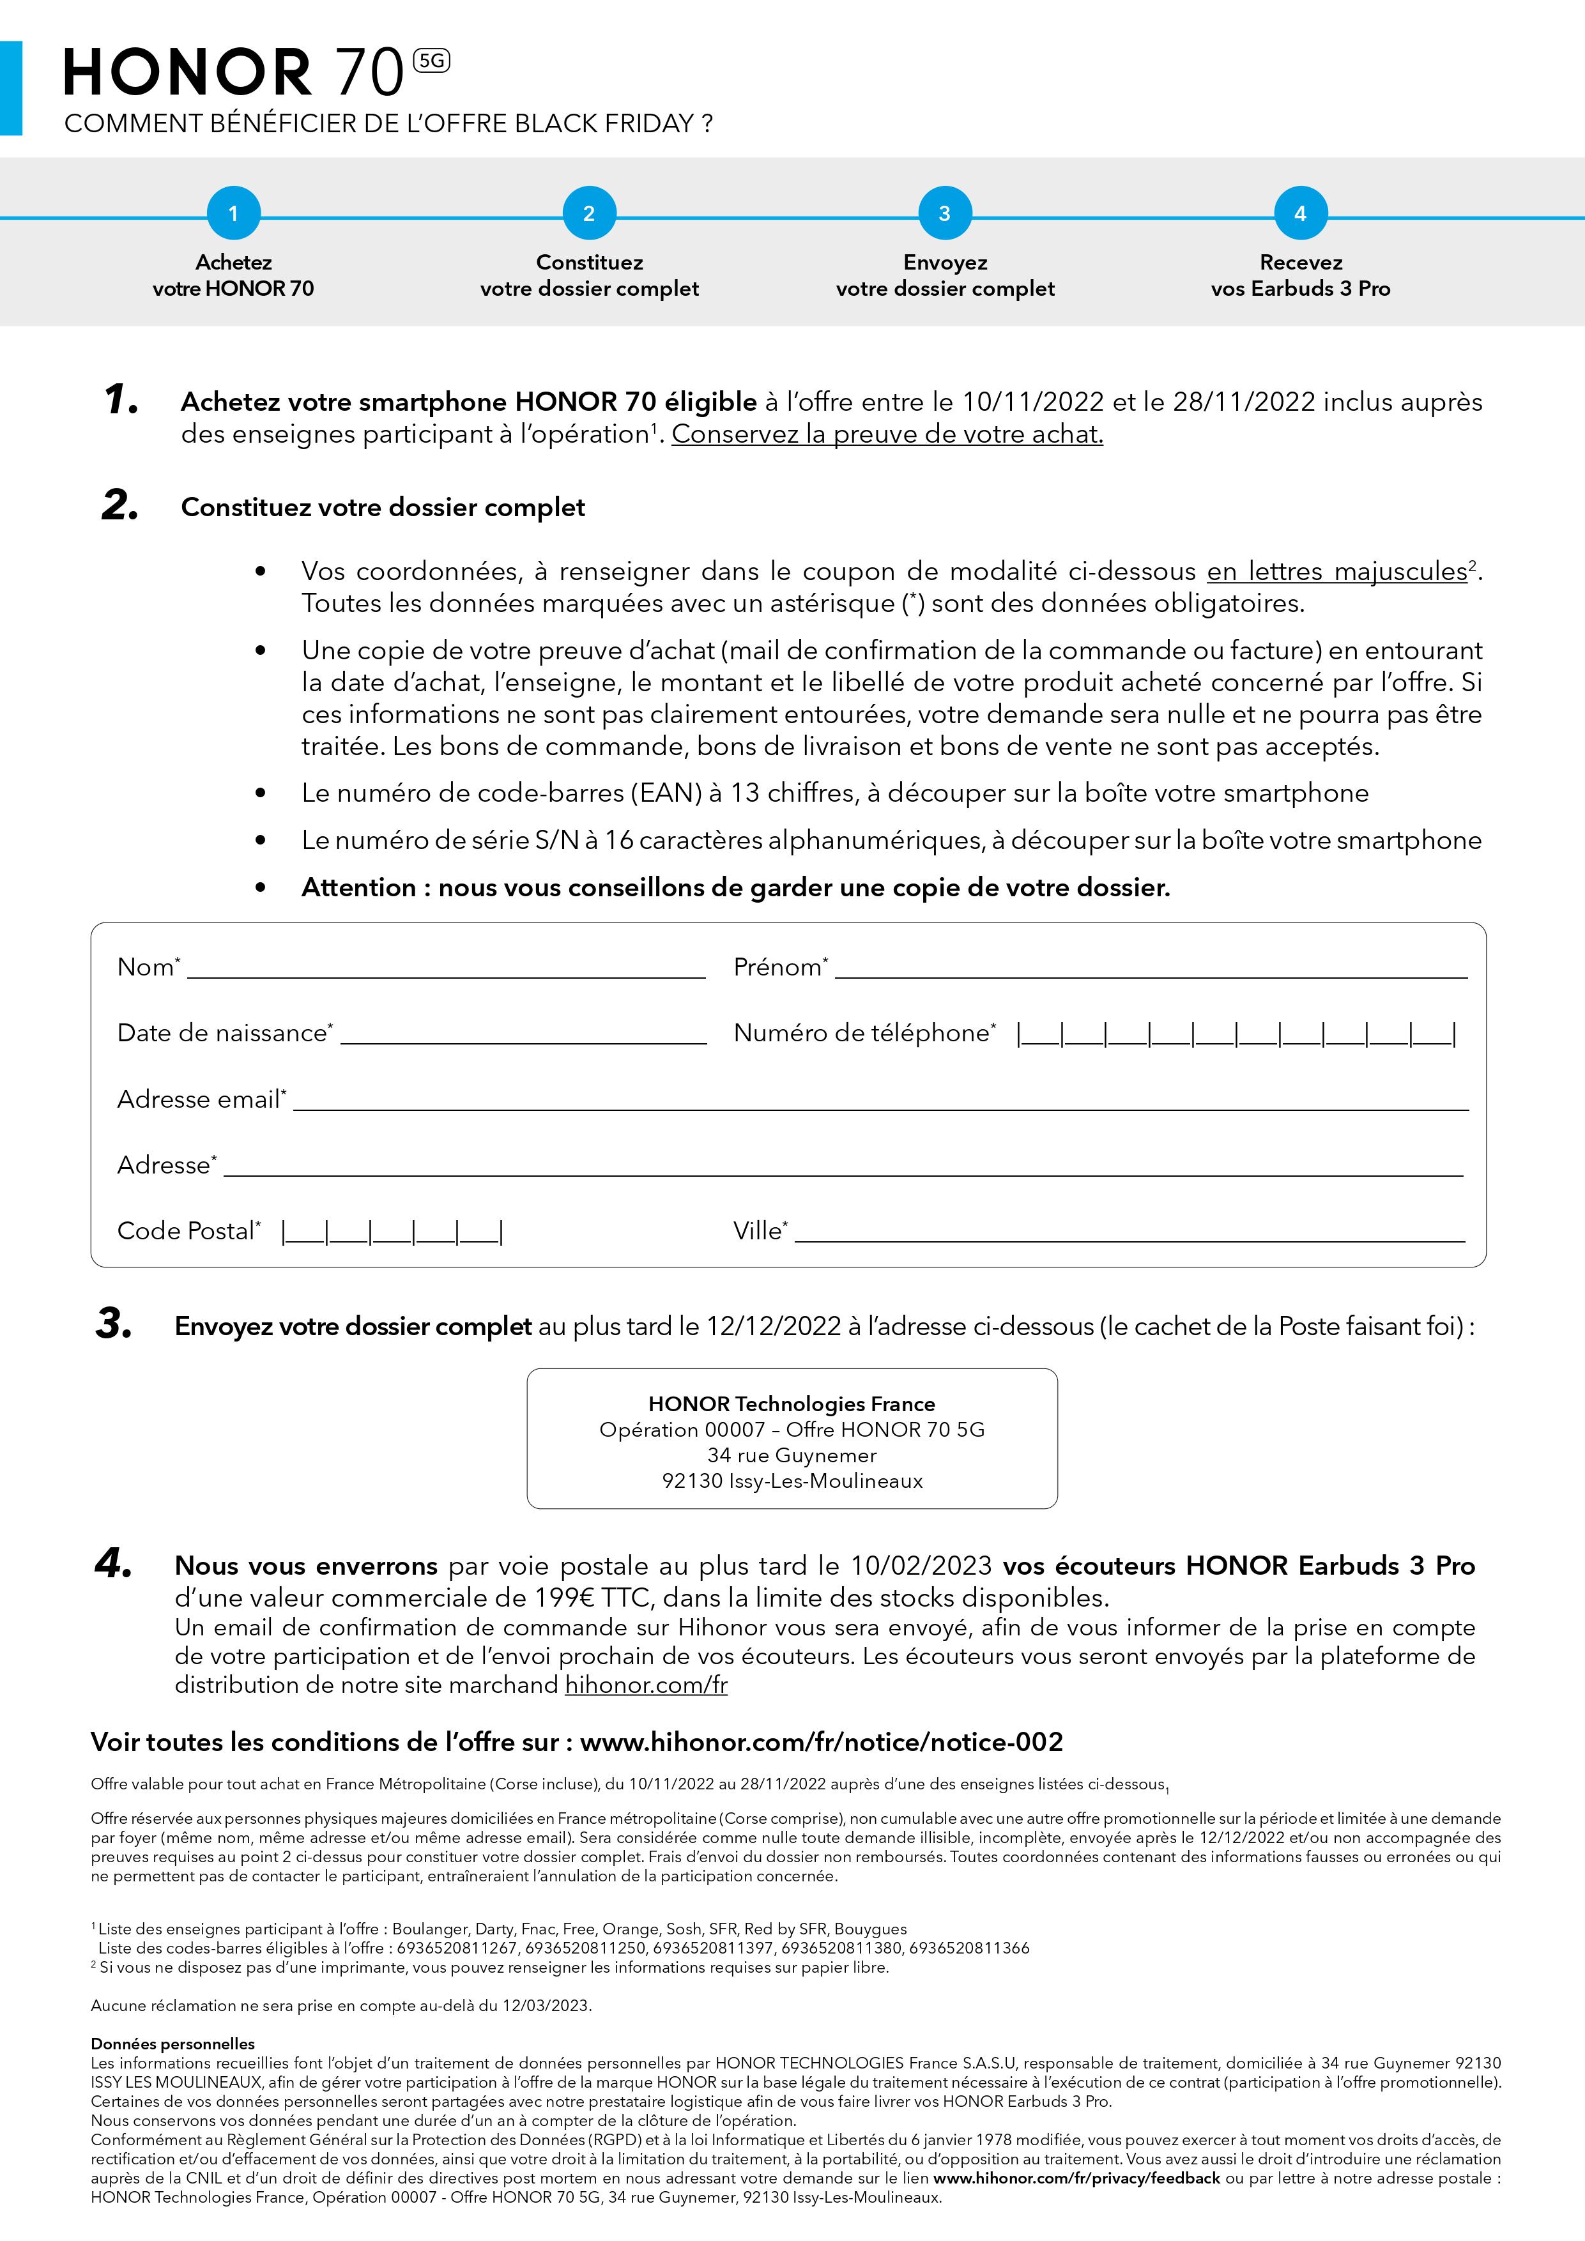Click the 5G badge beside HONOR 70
(431, 61)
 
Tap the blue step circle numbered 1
(233, 213)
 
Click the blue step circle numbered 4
(1300, 213)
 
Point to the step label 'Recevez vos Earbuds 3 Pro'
(1300, 275)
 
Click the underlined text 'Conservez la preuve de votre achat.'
(887, 434)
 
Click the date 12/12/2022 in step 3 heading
(773, 1326)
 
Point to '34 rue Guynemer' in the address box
(792, 1455)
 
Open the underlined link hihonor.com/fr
(646, 1685)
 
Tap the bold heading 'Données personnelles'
(172, 2044)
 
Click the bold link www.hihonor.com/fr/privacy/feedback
(1076, 2178)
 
